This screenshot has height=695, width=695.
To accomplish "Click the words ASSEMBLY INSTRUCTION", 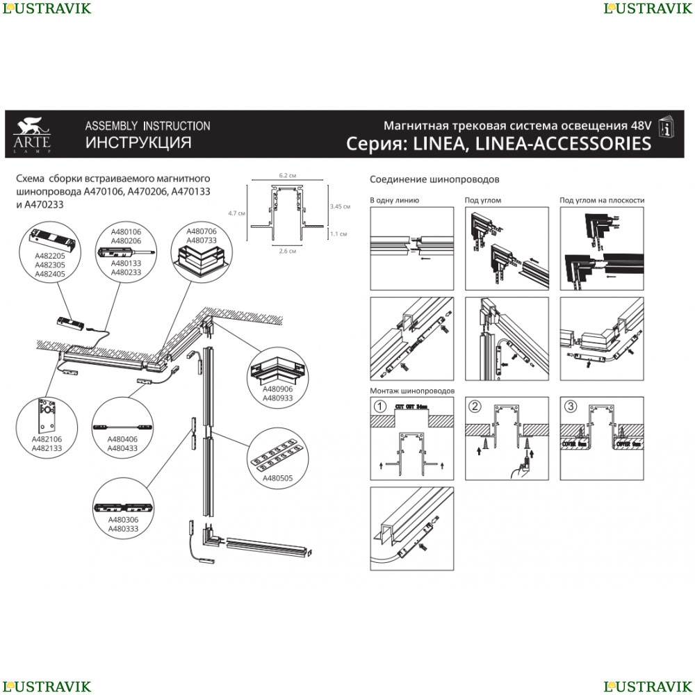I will pos(147,126).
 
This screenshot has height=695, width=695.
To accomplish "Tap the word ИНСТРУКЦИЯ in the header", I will pos(138,143).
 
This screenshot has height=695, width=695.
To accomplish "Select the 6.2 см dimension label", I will pos(288,175).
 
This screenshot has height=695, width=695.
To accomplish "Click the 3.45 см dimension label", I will pos(340,206).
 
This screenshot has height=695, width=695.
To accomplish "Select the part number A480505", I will pos(276,479).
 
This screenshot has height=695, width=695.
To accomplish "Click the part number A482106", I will pos(47,439).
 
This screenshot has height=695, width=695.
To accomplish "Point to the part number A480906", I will pos(277,390).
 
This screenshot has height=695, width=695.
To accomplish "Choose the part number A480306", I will pos(123,520).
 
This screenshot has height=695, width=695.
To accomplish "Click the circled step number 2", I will pos(475,407).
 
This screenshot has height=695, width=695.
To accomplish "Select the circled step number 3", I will pos(570,407).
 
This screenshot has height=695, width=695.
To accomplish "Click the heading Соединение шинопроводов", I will pos(434,179).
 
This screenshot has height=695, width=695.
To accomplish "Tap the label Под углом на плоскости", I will pos(602,200).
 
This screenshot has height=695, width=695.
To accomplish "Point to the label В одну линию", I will pos(394,200).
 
